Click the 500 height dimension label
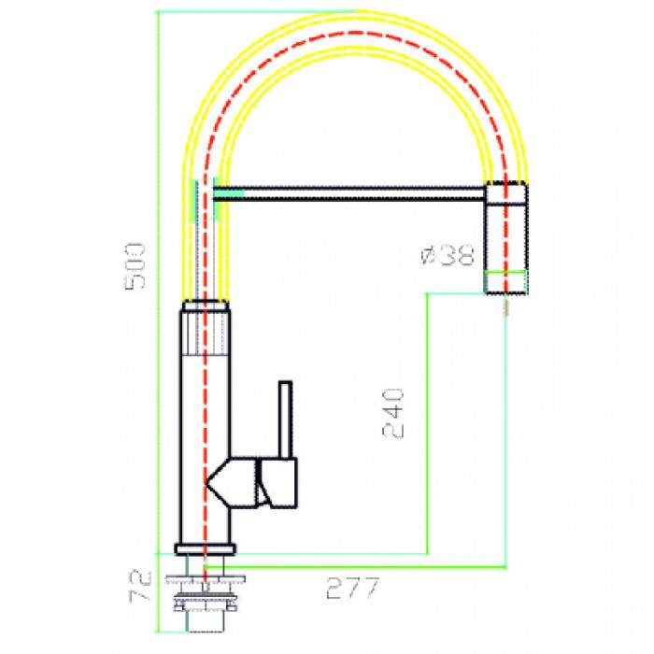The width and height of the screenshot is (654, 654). tap(136, 265)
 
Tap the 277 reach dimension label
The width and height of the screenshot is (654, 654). tap(353, 590)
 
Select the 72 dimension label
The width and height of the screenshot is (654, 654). tap(140, 586)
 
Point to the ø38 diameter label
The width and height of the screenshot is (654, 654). tap(449, 255)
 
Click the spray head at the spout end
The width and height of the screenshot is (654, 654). tap(505, 237)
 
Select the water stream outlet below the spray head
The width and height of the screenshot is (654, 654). tap(505, 306)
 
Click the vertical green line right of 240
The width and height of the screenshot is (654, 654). tap(427, 420)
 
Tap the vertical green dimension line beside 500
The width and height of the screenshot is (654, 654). tap(157, 280)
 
